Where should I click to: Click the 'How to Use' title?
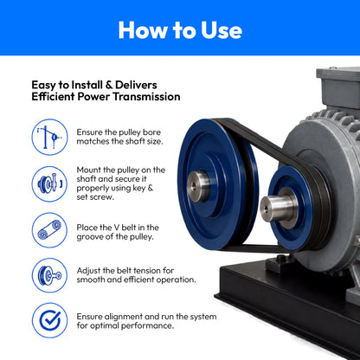(180, 30)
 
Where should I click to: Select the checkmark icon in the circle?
(49, 320)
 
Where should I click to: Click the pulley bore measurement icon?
(49, 137)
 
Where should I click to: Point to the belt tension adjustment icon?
(49, 275)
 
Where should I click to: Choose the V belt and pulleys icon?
(49, 230)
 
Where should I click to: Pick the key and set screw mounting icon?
(49, 183)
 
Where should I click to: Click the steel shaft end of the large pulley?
(198, 186)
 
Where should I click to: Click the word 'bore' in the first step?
(151, 132)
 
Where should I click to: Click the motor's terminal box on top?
(338, 87)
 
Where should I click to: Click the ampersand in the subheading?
(109, 85)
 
